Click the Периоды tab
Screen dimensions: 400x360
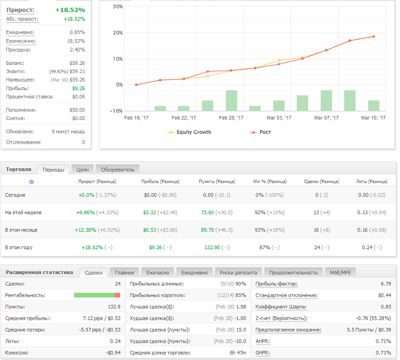pyautogui.click(x=53, y=170)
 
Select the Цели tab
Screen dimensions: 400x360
pyautogui.click(x=82, y=170)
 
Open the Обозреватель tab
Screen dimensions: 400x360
pyautogui.click(x=118, y=170)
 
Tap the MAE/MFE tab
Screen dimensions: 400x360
pyautogui.click(x=340, y=273)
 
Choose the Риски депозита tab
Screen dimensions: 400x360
pyautogui.click(x=239, y=273)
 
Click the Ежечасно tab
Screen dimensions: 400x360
pyautogui.click(x=157, y=273)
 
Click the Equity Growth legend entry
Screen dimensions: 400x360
pyautogui.click(x=189, y=132)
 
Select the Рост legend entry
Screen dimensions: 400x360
pyautogui.click(x=260, y=132)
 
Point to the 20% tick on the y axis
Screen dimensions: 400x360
pyautogui.click(x=118, y=33)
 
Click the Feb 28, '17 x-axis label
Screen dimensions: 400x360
pyautogui.click(x=231, y=118)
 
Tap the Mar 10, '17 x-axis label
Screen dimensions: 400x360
pyautogui.click(x=373, y=118)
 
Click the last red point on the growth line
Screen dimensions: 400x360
pyautogui.click(x=374, y=36)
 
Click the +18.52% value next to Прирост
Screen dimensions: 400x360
pyautogui.click(x=70, y=10)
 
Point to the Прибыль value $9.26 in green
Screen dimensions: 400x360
pyautogui.click(x=79, y=88)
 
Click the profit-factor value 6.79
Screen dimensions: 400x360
pyautogui.click(x=386, y=284)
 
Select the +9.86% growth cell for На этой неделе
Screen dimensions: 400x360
pyautogui.click(x=86, y=212)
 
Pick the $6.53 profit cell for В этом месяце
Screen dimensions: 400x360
pyautogui.click(x=149, y=230)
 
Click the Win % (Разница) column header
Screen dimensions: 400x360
pyautogui.click(x=270, y=181)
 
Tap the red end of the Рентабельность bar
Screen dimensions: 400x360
pyautogui.click(x=117, y=295)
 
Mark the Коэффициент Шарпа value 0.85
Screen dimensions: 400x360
pyautogui.click(x=386, y=307)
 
